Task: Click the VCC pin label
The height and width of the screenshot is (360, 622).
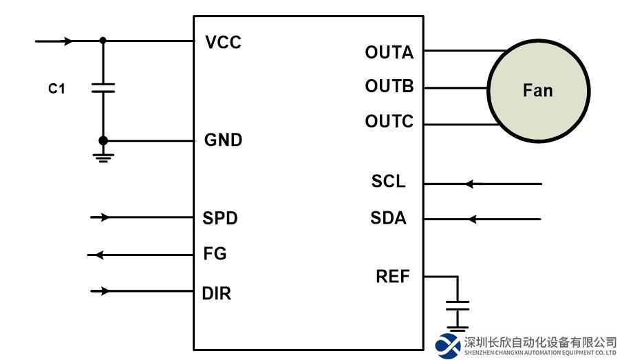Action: click(224, 43)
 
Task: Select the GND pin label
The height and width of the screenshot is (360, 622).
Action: click(224, 140)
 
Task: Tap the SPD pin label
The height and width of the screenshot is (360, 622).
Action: click(220, 218)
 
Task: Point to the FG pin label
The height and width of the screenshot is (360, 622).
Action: click(215, 254)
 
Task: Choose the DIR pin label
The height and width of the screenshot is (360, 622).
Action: click(217, 294)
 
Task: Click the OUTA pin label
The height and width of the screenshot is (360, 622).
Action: click(389, 53)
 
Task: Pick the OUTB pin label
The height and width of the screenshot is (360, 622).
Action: click(389, 87)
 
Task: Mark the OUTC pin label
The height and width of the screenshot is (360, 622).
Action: click(389, 122)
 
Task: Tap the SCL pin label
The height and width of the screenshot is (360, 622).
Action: click(389, 182)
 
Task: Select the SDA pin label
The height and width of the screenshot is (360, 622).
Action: click(389, 219)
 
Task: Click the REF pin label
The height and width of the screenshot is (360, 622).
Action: click(393, 277)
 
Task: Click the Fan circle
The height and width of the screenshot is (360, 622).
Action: click(538, 89)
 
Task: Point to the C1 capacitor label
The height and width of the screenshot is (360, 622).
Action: click(56, 89)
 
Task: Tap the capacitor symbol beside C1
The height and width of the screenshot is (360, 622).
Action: click(103, 88)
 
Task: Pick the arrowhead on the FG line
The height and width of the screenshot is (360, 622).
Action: click(98, 255)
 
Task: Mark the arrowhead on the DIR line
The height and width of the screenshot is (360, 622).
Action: click(105, 291)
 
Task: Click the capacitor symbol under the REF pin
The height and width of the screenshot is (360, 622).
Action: click(457, 306)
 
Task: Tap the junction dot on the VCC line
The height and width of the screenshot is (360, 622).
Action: click(103, 41)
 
